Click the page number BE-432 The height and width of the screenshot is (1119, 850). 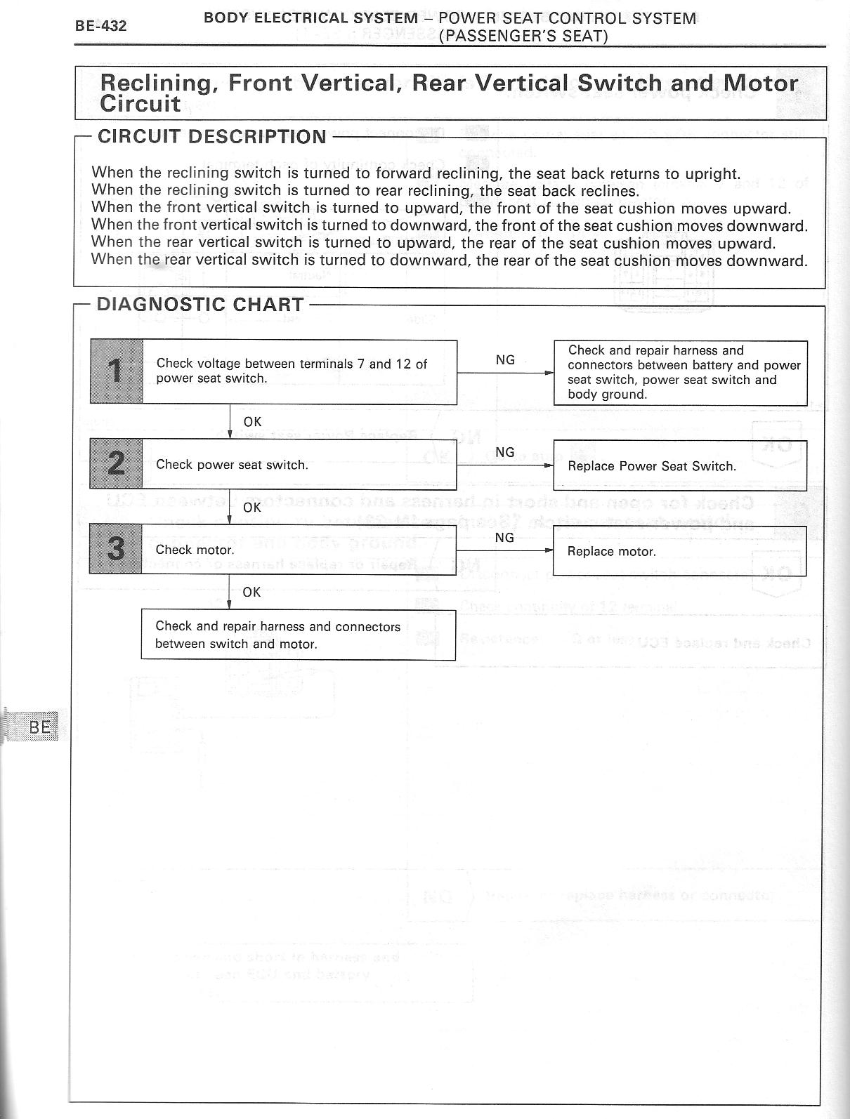(101, 27)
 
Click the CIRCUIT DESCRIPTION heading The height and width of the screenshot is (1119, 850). (211, 136)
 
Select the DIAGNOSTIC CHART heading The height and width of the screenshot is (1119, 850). (200, 305)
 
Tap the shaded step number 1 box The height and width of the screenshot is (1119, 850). (117, 371)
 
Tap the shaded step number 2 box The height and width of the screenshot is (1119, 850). (116, 464)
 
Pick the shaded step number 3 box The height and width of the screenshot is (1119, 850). (116, 549)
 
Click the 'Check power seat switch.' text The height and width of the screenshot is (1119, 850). (232, 465)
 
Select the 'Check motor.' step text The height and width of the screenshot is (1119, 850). (195, 550)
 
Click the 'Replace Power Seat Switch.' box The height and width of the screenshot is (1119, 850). (679, 466)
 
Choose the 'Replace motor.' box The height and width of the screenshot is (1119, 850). (679, 552)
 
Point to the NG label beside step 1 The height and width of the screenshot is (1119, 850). (505, 360)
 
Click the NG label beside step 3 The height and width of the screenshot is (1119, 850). (504, 538)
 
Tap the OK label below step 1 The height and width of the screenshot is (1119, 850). (252, 422)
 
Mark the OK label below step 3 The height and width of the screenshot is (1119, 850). (251, 592)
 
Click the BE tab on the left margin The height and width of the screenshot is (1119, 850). (41, 727)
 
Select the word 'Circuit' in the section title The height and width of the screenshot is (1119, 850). (140, 104)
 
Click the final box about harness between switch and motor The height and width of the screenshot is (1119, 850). (298, 635)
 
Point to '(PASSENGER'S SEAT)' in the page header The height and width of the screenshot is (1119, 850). (523, 36)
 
